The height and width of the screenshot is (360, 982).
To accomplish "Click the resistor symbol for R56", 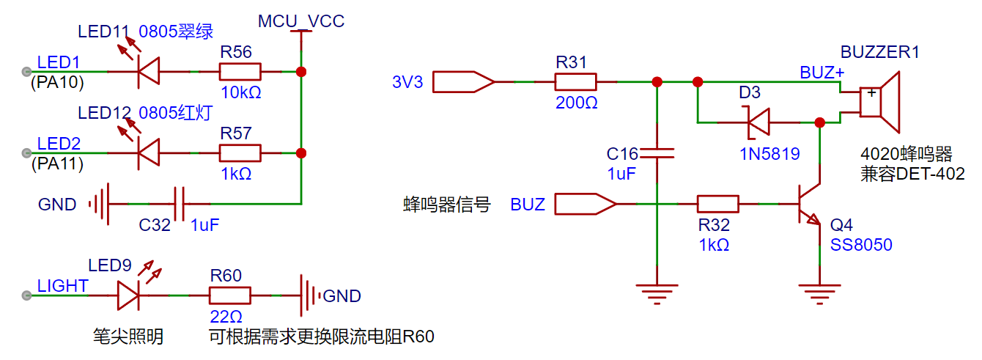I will (240, 72).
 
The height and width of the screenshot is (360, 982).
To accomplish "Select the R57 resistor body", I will (240, 153).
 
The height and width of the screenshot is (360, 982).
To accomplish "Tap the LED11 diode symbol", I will (149, 72).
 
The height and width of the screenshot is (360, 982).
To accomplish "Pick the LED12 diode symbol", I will (149, 153).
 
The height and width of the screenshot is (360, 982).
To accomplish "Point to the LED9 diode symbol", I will (128, 295).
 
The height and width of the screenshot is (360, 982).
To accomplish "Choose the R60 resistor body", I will (229, 295).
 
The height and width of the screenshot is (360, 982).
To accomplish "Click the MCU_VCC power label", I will (300, 21).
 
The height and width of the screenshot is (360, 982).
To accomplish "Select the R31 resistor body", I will (576, 81).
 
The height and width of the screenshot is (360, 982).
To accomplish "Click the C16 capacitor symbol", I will (657, 153).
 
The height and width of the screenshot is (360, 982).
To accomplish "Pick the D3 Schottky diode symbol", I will (758, 122).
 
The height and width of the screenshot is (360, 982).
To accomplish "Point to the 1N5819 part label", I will (769, 154).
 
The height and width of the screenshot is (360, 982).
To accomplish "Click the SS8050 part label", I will (861, 245).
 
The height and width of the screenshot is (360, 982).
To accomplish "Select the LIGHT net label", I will (63, 286).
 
